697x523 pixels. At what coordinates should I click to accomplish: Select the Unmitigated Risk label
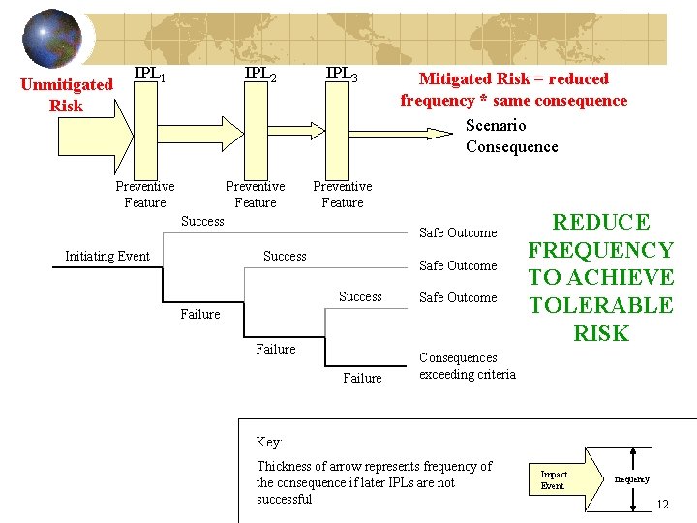coord(66,95)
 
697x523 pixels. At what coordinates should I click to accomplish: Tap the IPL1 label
coord(149,74)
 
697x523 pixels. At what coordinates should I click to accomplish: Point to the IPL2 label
coord(260,74)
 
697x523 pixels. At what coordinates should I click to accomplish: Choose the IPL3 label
coord(342,74)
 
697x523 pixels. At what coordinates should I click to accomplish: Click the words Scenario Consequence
coord(511,136)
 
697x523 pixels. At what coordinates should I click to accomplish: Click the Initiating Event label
coord(106,256)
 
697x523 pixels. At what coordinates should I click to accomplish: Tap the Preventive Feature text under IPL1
coord(145,194)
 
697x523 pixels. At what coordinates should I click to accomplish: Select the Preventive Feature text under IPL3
coord(342,194)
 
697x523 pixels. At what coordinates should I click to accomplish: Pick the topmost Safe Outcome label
coord(457,232)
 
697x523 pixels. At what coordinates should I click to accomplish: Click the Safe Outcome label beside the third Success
coord(457,297)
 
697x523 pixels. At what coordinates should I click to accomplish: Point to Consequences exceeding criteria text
coord(468,366)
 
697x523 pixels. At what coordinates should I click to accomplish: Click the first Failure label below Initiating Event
coord(200,314)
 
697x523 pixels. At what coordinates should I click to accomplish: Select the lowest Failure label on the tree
coord(362,378)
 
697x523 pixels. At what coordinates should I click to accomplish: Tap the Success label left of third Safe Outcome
coord(360,296)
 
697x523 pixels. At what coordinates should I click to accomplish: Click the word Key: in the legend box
coord(269,442)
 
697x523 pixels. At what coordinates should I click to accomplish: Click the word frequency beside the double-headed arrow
coord(634,479)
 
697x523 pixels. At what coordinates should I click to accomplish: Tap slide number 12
coord(662,505)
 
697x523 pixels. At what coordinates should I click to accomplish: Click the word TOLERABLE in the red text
coord(600,305)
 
